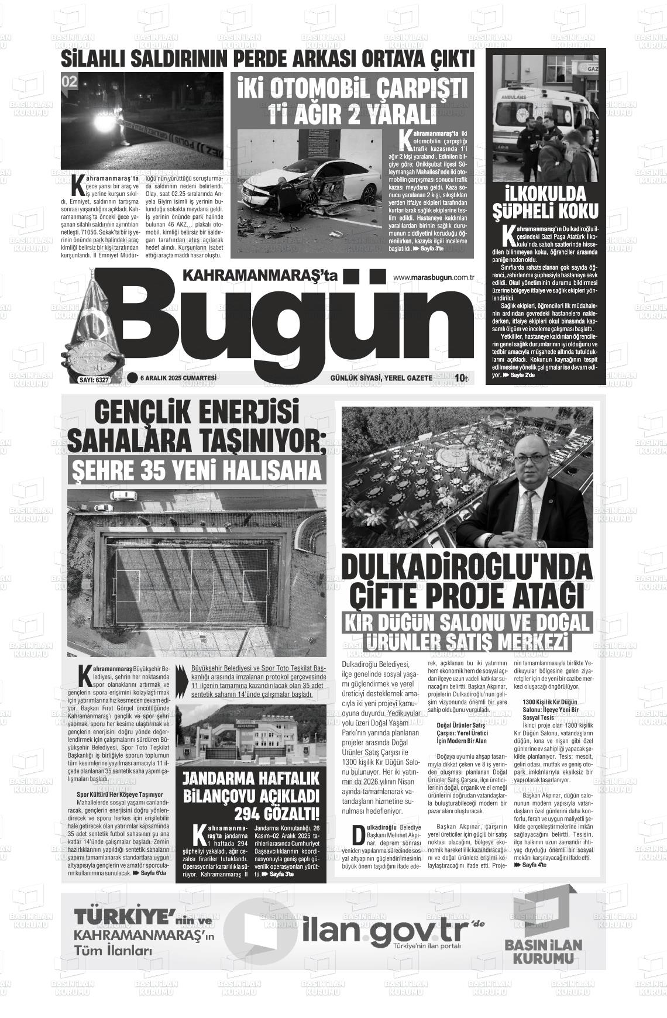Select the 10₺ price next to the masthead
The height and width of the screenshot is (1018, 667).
click(462, 379)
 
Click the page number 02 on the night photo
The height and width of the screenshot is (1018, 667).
click(70, 82)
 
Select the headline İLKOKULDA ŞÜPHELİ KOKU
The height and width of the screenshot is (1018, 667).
click(545, 202)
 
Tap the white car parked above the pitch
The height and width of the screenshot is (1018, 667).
click(124, 496)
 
